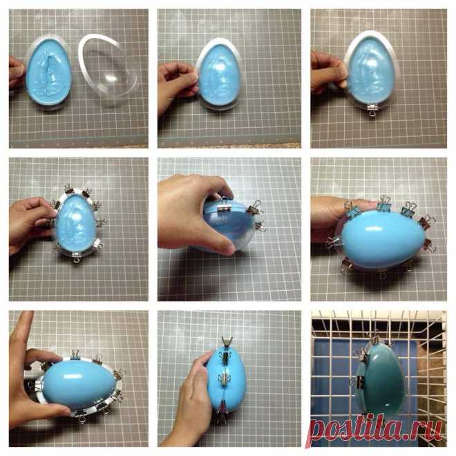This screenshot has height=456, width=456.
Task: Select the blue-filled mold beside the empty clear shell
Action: click(48, 73)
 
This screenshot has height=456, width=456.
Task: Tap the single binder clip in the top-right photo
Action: click(372, 111)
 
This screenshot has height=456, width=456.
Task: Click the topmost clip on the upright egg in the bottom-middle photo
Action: click(227, 342)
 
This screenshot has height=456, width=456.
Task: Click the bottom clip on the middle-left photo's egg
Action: click(77, 258)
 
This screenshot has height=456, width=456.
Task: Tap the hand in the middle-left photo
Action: click(30, 224)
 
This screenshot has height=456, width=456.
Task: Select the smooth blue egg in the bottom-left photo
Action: click(78, 384)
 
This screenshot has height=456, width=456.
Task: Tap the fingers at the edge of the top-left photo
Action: click(17, 73)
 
